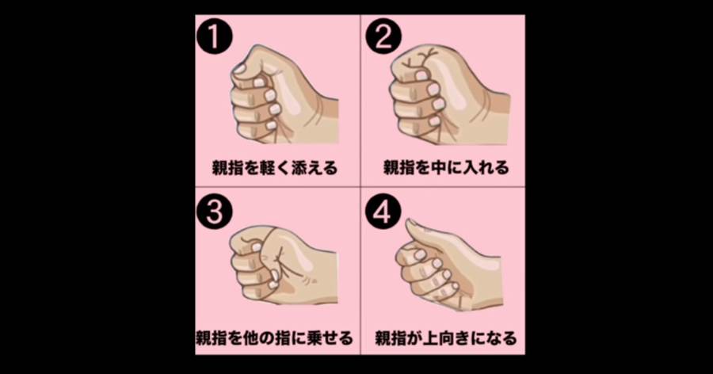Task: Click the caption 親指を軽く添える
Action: [275, 168]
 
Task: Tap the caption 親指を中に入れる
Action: [446, 168]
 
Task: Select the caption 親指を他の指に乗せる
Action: [274, 338]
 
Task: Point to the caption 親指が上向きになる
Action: [446, 338]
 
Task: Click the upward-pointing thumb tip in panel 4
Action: [410, 224]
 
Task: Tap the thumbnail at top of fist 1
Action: [238, 68]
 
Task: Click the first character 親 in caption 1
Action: [220, 168]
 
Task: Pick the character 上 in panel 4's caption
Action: [429, 338]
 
